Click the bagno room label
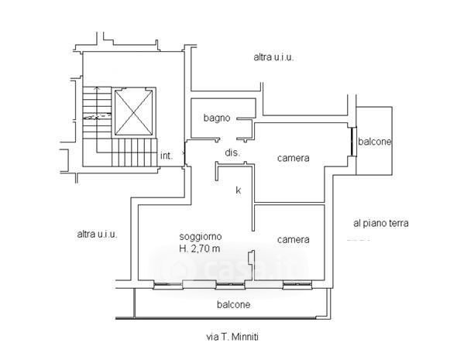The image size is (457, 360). (x=217, y=118)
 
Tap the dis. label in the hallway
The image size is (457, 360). (x=232, y=153)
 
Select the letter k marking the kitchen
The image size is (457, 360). (x=238, y=190)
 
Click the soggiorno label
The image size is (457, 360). (x=201, y=236)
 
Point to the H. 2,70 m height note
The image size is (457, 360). (x=200, y=249)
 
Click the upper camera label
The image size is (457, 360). (x=294, y=158)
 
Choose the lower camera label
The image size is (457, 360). (x=294, y=240)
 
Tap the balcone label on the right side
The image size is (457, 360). (x=374, y=142)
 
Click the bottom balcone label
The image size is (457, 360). (x=233, y=305)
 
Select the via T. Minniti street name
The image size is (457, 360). (x=232, y=337)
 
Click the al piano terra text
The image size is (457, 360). (x=380, y=224)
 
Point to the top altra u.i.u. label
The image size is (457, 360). (x=273, y=57)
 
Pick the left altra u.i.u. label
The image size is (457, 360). (x=97, y=234)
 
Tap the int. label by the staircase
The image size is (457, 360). (x=167, y=156)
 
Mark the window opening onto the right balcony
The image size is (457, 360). (x=353, y=142)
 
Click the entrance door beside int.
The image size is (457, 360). (x=184, y=153)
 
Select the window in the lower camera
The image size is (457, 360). (x=297, y=285)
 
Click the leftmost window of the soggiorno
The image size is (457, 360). (x=168, y=285)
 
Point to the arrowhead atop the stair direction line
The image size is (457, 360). (x=97, y=87)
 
